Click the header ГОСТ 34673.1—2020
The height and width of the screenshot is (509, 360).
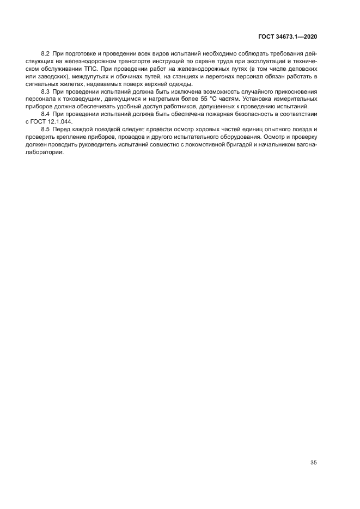click(288, 36)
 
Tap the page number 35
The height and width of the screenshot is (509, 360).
click(314, 463)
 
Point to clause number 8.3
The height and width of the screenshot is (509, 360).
click(46, 92)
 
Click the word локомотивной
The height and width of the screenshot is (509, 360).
click(209, 145)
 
